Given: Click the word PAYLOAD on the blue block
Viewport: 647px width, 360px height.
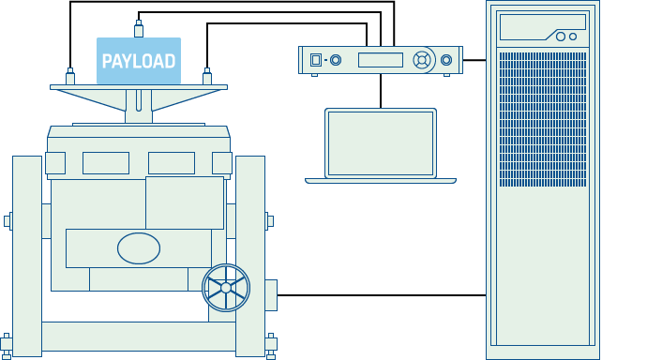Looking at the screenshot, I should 139,62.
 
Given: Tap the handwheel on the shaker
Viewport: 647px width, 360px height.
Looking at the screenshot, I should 226,288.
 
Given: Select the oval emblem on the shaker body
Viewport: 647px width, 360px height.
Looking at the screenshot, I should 139,248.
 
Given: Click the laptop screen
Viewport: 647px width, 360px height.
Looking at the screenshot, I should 381,142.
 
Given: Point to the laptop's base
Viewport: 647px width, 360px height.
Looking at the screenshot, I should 381,180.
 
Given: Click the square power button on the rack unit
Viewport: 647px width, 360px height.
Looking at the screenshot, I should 316,60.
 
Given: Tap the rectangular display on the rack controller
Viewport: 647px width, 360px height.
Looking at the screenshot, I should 380,60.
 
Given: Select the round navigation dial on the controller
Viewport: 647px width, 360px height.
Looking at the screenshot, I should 422,60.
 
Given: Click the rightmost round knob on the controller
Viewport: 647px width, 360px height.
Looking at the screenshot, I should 446,60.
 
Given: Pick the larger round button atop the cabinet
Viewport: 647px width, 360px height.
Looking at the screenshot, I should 561,37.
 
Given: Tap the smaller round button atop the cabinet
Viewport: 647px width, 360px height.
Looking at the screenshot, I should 573,37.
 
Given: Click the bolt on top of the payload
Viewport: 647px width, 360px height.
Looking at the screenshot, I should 139,28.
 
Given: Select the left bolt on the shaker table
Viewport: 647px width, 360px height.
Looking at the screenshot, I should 70,77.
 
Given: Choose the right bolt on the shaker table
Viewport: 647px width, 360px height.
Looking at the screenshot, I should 207,77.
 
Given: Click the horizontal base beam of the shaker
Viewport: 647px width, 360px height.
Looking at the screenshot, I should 139,337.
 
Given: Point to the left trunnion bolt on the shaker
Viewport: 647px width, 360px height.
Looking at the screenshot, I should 8,221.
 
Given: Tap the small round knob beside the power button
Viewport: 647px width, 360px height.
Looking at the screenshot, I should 336,60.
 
